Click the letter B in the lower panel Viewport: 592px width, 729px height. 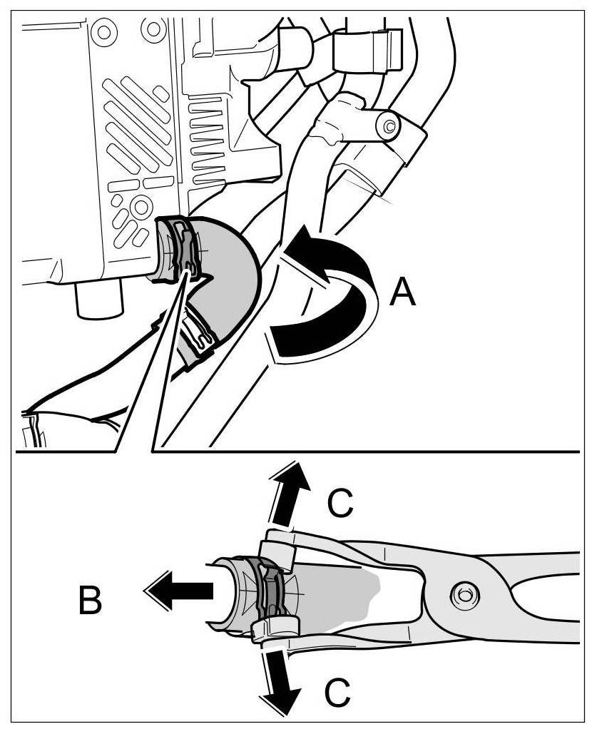[x=91, y=601]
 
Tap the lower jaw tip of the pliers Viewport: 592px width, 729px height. [x=271, y=628]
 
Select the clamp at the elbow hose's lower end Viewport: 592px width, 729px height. [x=198, y=335]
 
